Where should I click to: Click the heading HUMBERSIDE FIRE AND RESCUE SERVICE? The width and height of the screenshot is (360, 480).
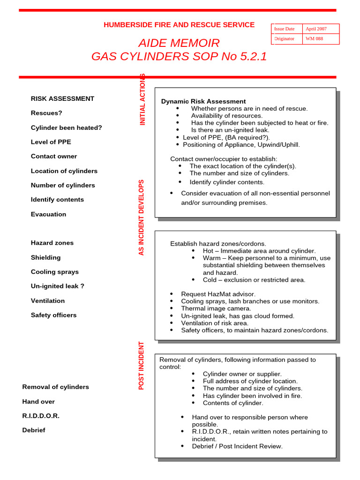(179, 25)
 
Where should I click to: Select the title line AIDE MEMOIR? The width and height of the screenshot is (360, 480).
(179, 43)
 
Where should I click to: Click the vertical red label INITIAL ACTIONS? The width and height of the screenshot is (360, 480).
(143, 99)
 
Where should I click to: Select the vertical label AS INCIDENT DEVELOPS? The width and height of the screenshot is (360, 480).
(142, 217)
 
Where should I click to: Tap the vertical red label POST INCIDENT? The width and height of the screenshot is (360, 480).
(142, 366)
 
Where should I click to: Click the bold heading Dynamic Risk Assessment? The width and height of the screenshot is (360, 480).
(203, 101)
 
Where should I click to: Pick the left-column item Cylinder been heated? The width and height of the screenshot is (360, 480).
(66, 127)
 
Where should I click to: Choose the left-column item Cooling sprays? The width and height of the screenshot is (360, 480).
(55, 272)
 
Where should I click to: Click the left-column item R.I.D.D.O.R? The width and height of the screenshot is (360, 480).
(41, 416)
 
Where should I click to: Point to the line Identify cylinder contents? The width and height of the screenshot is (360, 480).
(227, 182)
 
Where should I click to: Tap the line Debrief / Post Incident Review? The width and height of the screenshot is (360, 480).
(237, 446)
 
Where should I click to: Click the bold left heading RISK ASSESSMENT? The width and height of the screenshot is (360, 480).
(62, 98)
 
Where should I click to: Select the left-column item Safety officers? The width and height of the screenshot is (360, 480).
(53, 315)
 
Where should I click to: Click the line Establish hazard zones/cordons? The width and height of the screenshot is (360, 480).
(218, 244)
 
